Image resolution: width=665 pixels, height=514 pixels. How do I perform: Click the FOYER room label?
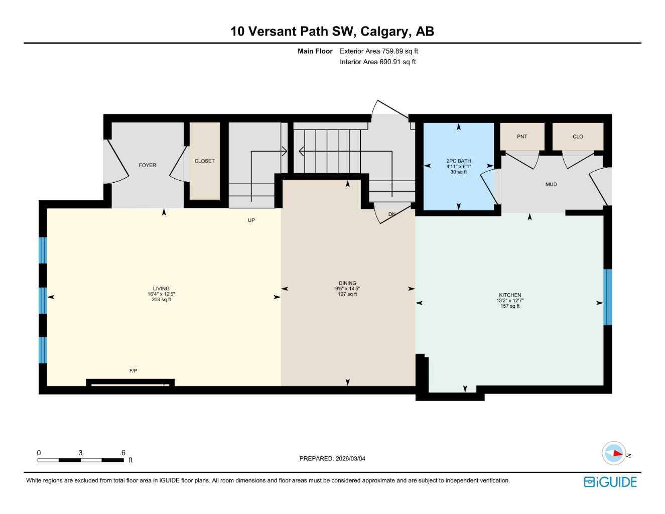click(x=147, y=165)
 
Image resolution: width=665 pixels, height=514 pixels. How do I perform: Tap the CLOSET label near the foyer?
click(x=204, y=161)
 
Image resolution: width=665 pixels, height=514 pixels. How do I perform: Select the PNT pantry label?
click(x=522, y=137)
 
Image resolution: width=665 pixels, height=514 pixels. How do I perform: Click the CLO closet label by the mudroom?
click(x=578, y=137)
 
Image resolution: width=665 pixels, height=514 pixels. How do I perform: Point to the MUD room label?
click(x=551, y=184)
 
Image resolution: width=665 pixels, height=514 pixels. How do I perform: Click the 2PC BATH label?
click(x=459, y=161)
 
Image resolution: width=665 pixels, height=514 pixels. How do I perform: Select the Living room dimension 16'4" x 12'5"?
click(x=161, y=294)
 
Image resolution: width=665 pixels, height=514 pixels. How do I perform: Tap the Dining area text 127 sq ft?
click(x=347, y=294)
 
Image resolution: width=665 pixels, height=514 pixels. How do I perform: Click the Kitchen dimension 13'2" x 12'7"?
click(x=510, y=301)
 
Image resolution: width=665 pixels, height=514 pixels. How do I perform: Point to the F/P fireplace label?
click(x=133, y=371)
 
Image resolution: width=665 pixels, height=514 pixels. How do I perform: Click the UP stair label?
click(x=251, y=220)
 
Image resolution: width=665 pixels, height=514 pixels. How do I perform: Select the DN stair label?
click(x=392, y=214)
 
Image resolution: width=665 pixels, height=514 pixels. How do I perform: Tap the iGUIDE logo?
click(x=610, y=482)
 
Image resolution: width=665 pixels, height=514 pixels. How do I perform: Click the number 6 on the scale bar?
click(x=123, y=453)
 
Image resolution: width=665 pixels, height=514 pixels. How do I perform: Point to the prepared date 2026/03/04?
click(x=350, y=458)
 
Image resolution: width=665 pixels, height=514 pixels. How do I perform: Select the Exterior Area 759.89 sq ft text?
click(x=378, y=51)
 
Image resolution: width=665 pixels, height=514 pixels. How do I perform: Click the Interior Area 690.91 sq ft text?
click(x=377, y=62)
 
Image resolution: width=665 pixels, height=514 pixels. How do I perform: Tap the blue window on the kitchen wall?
click(x=607, y=297)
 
